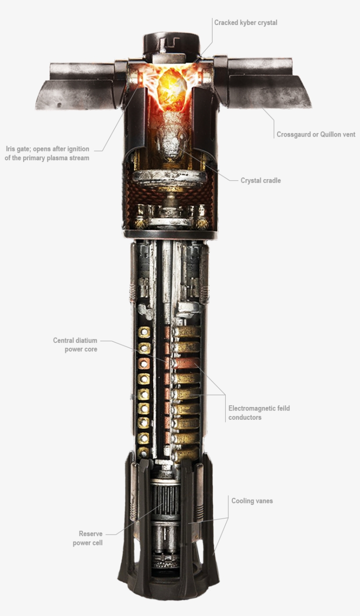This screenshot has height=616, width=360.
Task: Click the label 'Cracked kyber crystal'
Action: click(245, 22)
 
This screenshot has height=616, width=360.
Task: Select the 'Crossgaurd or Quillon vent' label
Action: click(316, 134)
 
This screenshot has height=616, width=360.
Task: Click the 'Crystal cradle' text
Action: click(260, 180)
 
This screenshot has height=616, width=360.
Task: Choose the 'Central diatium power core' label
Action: click(75, 345)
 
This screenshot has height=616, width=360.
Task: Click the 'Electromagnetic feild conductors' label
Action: click(259, 413)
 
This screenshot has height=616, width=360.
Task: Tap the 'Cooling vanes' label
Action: click(252, 501)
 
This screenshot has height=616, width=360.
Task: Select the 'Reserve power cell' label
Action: click(88, 538)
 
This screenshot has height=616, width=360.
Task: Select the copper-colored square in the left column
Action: click(144, 364)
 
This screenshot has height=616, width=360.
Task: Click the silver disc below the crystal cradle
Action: click(169, 177)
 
